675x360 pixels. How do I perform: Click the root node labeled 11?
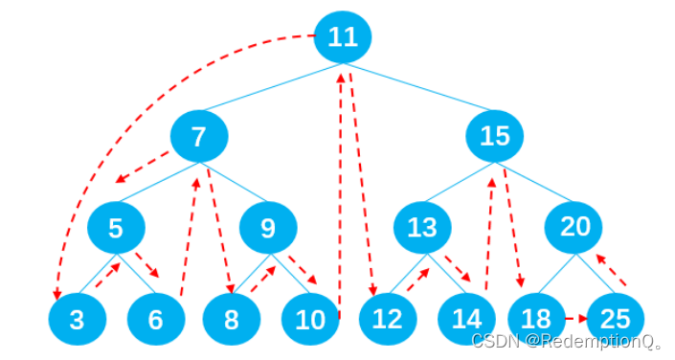point(343,37)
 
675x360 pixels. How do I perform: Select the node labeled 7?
point(199,137)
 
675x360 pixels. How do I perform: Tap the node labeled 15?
point(495,137)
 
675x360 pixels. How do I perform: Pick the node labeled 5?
point(116,228)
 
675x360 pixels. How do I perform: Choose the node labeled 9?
point(268,228)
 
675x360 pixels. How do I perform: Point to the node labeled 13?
point(422,228)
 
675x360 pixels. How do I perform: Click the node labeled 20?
point(574,228)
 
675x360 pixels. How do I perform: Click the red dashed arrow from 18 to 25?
point(574,318)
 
